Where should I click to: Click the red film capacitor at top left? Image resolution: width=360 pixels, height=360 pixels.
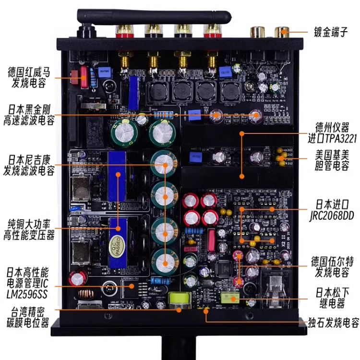click(x=84, y=77)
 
